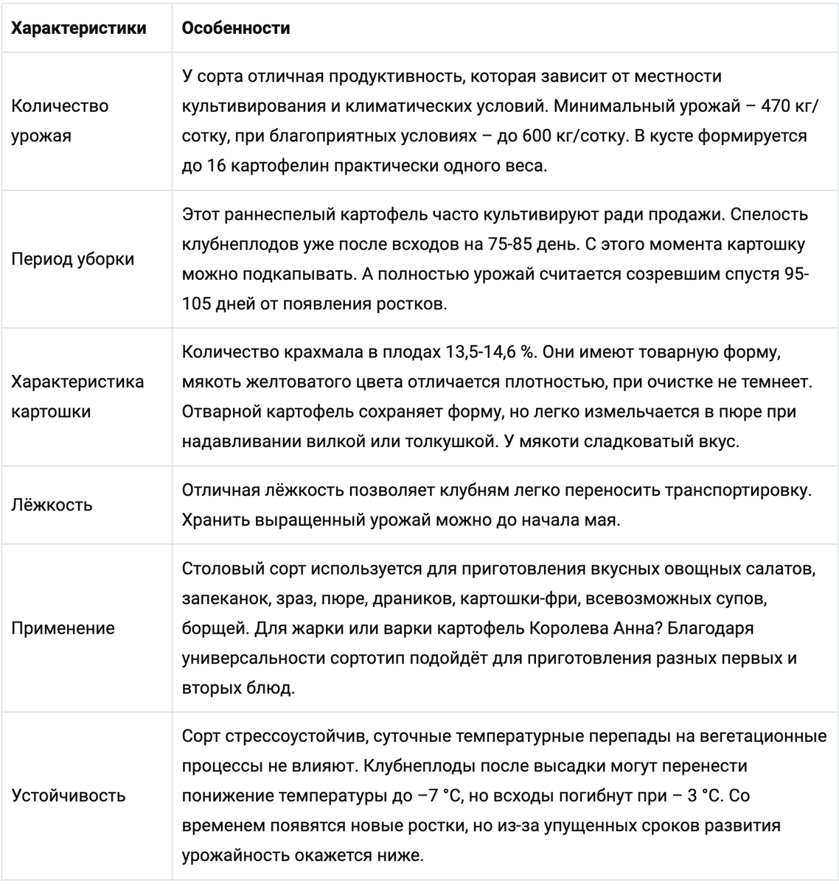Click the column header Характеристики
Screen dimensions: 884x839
[x=79, y=28]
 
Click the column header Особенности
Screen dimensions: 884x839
[x=235, y=28]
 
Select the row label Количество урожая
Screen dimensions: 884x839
[x=60, y=121]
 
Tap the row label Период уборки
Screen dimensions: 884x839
[x=73, y=259]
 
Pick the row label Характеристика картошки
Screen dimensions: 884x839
[x=78, y=396]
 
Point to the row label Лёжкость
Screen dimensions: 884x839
[x=52, y=505]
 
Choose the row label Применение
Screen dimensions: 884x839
[x=63, y=628]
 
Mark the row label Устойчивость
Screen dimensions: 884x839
[x=69, y=796]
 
